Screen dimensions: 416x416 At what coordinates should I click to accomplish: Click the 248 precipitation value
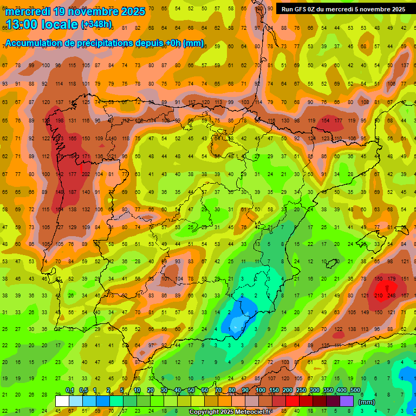pyautogui.click(x=392, y=295)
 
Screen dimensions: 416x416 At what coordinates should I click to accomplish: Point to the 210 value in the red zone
pyautogui.click(x=378, y=295)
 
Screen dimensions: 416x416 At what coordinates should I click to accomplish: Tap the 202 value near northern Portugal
pyautogui.click(x=86, y=174)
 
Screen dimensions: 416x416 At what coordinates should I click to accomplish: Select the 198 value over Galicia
pyautogui.click(x=59, y=120)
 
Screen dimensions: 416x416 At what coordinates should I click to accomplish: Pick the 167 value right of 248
pyautogui.click(x=405, y=295)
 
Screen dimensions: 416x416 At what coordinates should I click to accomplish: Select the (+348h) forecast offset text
pyautogui.click(x=96, y=24)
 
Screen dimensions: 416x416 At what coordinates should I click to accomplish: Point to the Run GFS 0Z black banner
pyautogui.click(x=343, y=9)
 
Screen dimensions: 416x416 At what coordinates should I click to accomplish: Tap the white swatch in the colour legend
pyautogui.click(x=62, y=401)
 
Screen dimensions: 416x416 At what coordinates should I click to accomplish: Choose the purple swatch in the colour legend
pyautogui.click(x=347, y=401)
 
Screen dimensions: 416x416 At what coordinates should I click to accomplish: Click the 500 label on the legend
pyautogui.click(x=355, y=391)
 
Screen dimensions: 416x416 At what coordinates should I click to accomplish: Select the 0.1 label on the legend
pyautogui.click(x=70, y=391)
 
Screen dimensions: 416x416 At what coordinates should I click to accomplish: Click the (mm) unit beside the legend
pyautogui.click(x=367, y=402)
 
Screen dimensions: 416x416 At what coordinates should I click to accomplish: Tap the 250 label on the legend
pyautogui.click(x=301, y=391)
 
